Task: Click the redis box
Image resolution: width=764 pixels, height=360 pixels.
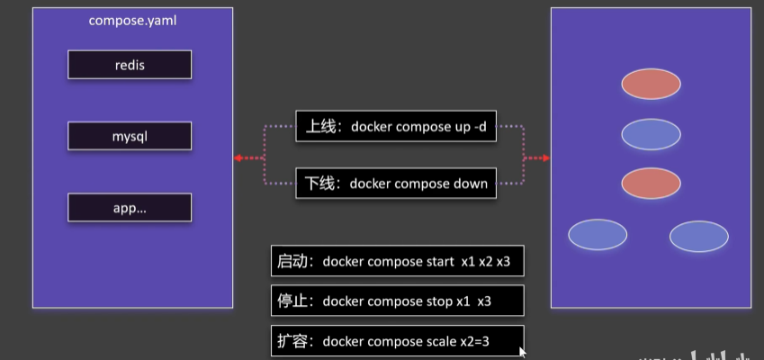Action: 130,65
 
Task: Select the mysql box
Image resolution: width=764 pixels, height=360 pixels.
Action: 130,137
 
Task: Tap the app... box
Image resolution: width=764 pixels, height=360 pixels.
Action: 130,207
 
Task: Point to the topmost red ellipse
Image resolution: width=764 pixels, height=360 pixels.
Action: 651,84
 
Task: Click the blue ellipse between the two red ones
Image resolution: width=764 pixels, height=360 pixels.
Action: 651,134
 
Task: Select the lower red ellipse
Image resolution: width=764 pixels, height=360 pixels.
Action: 651,183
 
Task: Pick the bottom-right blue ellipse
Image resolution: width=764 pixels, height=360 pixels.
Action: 698,236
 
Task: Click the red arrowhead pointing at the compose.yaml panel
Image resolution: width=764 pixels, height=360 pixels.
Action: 237,158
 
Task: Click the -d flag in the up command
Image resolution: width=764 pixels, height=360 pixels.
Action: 480,128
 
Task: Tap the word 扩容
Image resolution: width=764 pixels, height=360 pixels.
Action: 292,341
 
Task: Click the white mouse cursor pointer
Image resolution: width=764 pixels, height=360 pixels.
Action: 523,352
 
